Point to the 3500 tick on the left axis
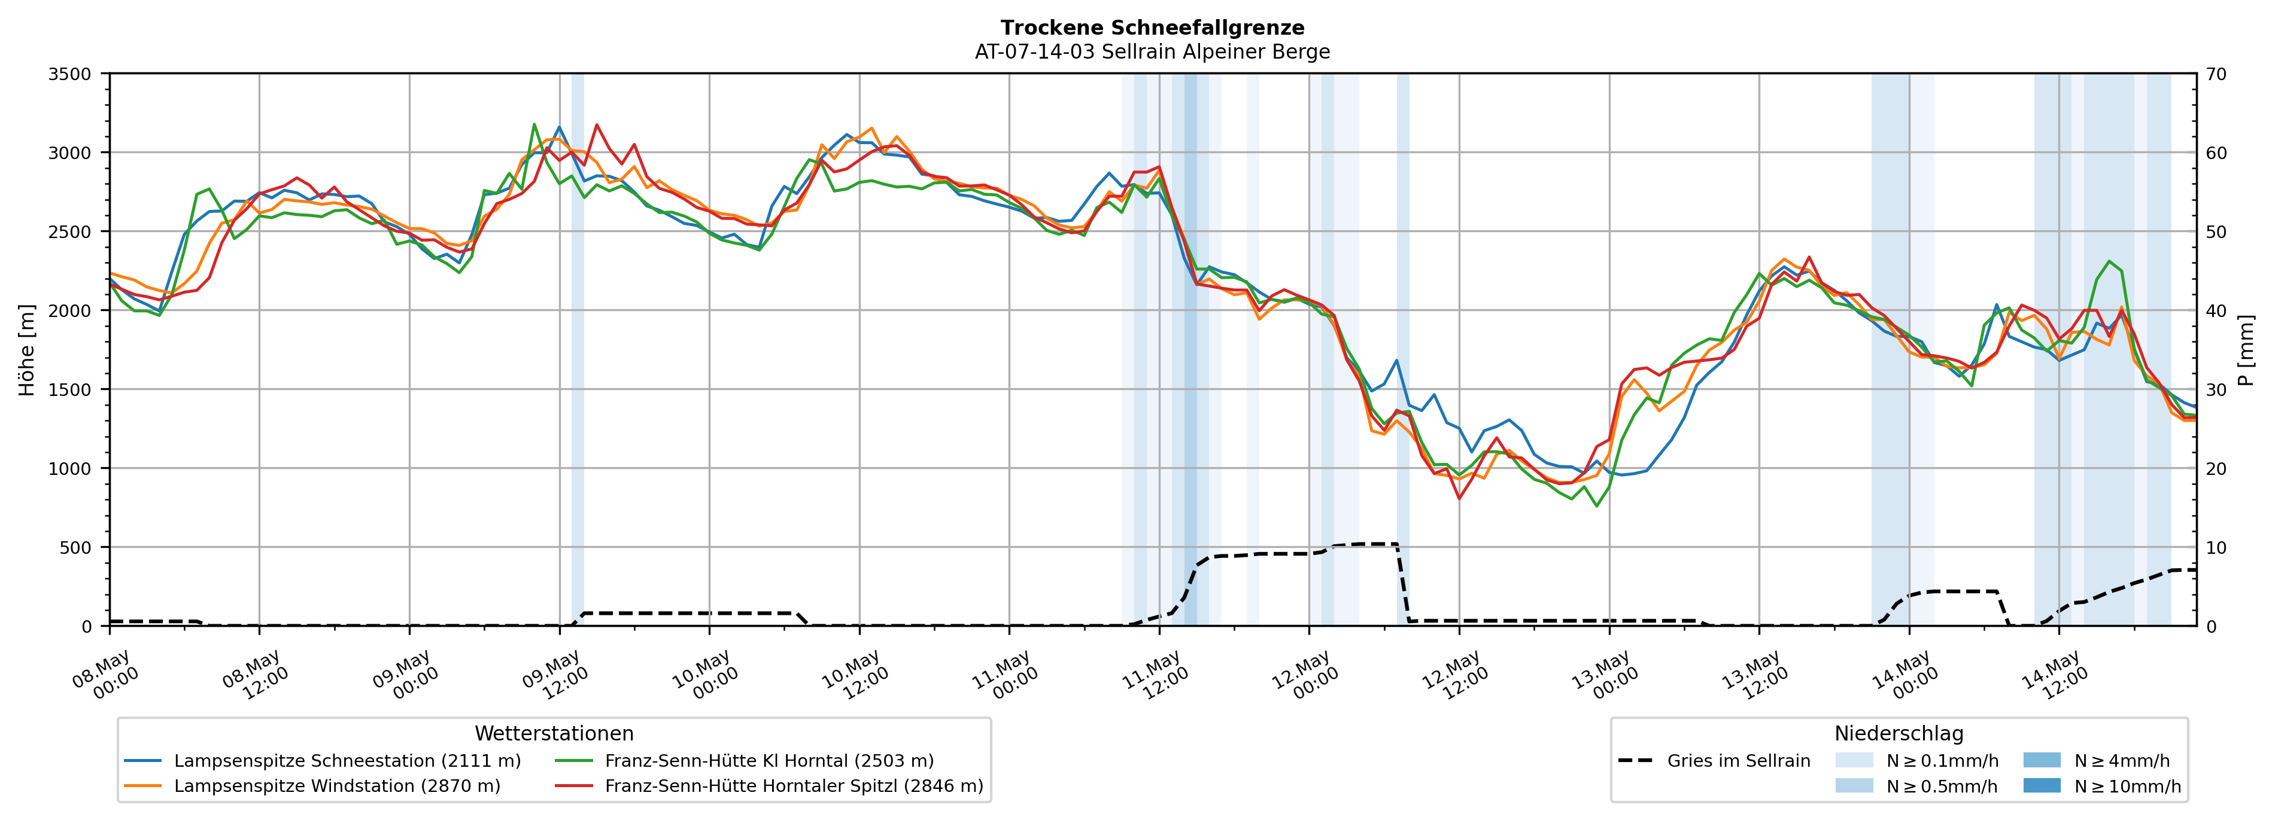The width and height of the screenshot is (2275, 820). pos(70,74)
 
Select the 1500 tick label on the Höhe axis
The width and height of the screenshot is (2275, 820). pos(70,390)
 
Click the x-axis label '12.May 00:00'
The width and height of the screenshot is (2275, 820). pos(1304,675)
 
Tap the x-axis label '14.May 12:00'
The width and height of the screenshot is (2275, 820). pos(2054,675)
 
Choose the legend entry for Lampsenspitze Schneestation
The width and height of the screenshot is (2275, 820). pos(323,761)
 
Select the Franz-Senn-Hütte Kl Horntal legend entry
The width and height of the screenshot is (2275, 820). pos(743,761)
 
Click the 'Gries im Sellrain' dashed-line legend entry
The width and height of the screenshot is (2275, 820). pos(1714,761)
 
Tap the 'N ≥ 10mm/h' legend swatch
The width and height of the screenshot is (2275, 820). pos(2042,785)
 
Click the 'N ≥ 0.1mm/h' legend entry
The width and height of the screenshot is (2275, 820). pos(1916,761)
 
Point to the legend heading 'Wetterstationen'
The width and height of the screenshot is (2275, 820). pos(554,733)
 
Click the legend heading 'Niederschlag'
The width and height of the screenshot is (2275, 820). pos(1899,733)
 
